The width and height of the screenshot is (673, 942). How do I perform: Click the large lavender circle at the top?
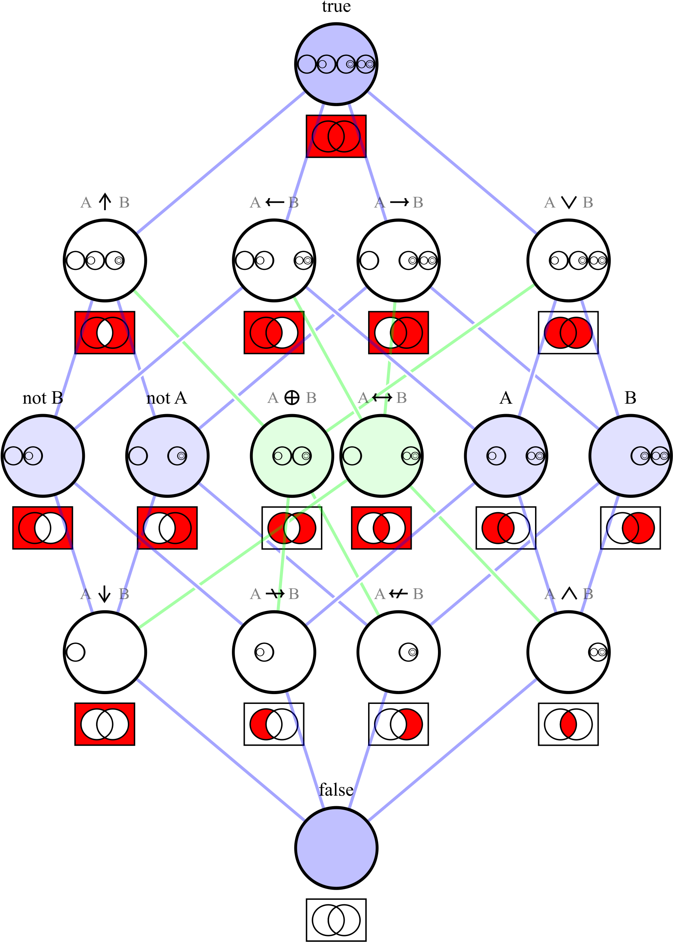336,42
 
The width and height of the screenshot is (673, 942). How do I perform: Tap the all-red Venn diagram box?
336,136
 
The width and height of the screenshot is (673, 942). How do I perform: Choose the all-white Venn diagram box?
336,920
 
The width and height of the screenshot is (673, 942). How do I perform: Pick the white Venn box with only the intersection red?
568,724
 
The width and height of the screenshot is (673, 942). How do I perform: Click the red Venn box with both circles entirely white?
105,724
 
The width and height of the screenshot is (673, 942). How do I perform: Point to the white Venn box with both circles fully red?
568,332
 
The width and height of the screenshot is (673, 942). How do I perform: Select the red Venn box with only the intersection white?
105,332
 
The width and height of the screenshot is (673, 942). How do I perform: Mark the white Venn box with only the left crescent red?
274,724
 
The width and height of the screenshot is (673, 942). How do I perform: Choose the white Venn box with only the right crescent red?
398,724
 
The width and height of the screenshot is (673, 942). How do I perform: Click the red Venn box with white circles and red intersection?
381,528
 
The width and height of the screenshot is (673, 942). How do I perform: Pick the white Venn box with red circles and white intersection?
292,528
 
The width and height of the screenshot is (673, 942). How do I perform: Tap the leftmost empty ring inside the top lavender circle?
307,64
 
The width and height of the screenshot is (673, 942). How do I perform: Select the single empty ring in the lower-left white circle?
75,652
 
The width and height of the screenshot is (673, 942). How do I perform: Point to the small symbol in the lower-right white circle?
598,652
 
